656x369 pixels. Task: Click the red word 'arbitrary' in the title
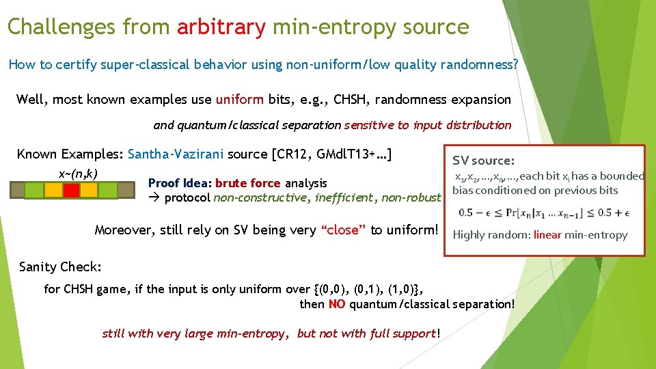coord(221,27)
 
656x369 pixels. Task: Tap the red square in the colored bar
coord(71,189)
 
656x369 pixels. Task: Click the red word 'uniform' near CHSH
coord(238,99)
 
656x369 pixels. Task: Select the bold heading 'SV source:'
coord(483,161)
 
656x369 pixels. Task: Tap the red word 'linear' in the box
coord(547,234)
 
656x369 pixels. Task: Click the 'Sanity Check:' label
coord(60,266)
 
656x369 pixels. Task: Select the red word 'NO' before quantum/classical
coord(336,304)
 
